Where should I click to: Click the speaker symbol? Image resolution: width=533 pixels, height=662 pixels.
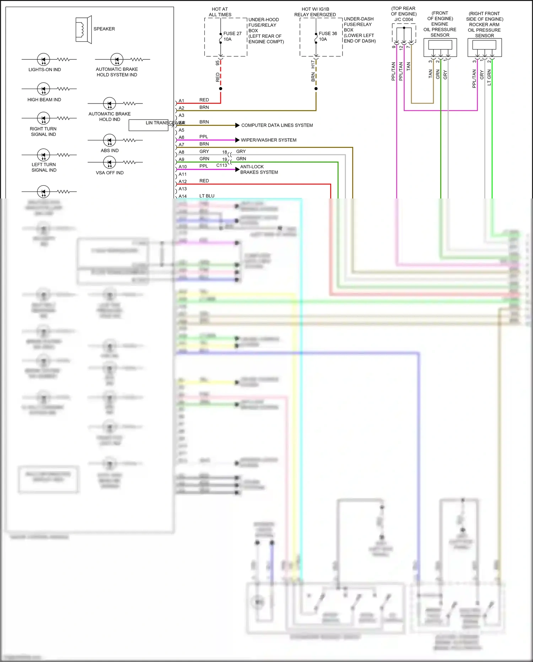point(84,30)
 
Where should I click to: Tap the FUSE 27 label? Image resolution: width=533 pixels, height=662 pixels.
point(232,33)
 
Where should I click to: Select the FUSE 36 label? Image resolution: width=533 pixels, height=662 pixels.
point(328,33)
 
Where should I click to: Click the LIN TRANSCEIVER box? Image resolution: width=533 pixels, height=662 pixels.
point(148,125)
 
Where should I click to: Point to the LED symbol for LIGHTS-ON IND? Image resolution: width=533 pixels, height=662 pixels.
point(44,59)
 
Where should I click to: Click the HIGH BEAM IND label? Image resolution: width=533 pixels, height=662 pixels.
point(44,100)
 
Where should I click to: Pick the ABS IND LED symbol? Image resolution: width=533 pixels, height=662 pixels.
point(109,140)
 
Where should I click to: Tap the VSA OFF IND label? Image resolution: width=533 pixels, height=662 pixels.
point(109,173)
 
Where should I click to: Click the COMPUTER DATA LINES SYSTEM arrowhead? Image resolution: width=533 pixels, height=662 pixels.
point(237,125)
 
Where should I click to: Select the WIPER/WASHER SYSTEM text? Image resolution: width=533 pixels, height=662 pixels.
point(269,140)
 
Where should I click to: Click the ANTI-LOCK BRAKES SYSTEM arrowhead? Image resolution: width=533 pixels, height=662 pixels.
point(237,169)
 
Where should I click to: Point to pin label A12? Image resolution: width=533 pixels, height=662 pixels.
point(182,181)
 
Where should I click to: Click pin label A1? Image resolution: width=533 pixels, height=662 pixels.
point(181,101)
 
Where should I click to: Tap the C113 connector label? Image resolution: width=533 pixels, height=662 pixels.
point(221,165)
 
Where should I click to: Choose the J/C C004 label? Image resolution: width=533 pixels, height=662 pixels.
point(404,20)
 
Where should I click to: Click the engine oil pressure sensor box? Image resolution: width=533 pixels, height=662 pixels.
point(440,48)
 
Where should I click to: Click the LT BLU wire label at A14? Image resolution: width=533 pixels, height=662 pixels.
point(207,196)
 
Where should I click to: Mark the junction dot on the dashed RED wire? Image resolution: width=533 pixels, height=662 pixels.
point(221,89)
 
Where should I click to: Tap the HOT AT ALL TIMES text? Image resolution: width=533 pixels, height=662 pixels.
point(220,12)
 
